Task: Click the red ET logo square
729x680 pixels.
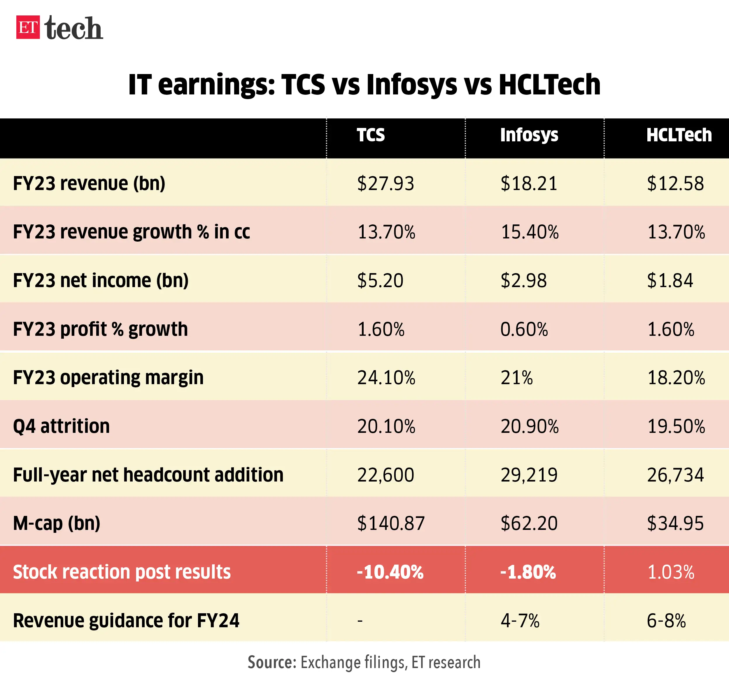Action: click(28, 27)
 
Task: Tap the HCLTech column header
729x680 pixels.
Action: click(679, 135)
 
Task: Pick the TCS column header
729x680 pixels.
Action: click(371, 135)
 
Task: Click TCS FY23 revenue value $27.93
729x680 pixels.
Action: click(385, 183)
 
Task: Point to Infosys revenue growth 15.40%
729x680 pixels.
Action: click(530, 232)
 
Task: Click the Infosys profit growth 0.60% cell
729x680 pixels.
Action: click(524, 329)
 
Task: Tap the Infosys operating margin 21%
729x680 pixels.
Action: click(516, 377)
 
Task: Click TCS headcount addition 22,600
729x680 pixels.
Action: click(385, 475)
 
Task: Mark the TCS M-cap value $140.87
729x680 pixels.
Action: click(390, 523)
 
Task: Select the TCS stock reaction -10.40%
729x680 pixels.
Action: click(390, 572)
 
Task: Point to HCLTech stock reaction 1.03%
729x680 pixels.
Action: click(670, 572)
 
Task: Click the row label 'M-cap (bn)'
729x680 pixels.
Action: click(57, 523)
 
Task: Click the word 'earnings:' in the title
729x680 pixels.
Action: click(216, 85)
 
